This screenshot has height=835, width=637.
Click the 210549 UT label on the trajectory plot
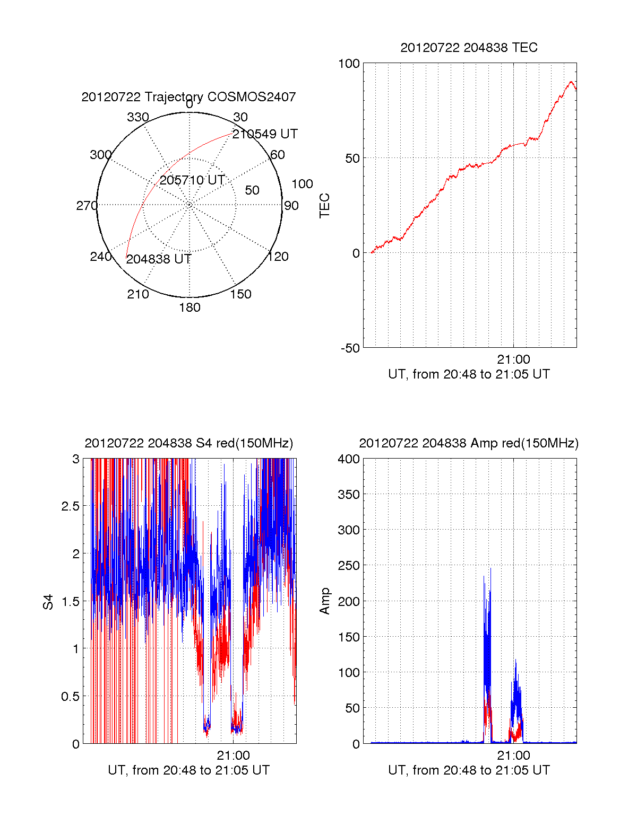[x=265, y=134]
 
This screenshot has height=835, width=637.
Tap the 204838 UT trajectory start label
[x=158, y=259]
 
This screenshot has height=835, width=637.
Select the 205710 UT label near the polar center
[x=192, y=180]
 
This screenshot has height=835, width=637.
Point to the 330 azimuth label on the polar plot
[x=138, y=117]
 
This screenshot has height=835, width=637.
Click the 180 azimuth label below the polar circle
[x=190, y=307]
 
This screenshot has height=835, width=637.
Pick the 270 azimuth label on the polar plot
[x=87, y=206]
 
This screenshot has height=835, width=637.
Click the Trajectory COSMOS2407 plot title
[x=188, y=97]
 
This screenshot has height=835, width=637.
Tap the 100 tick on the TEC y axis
[x=349, y=64]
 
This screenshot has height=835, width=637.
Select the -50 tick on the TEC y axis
[x=350, y=348]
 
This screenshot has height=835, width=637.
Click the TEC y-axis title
[x=324, y=206]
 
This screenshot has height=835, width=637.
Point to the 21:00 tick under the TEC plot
[x=513, y=359]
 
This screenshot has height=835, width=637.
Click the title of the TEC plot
[x=469, y=48]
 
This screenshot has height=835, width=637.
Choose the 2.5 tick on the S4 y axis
[x=70, y=506]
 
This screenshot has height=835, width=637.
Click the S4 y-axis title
[x=48, y=602]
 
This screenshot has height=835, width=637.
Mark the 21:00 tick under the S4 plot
[x=233, y=755]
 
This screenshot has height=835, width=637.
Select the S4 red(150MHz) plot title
[x=188, y=443]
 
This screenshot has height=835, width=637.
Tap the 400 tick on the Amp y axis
[x=349, y=459]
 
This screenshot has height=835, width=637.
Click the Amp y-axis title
[x=324, y=601]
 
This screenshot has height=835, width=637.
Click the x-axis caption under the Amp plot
[x=469, y=770]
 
